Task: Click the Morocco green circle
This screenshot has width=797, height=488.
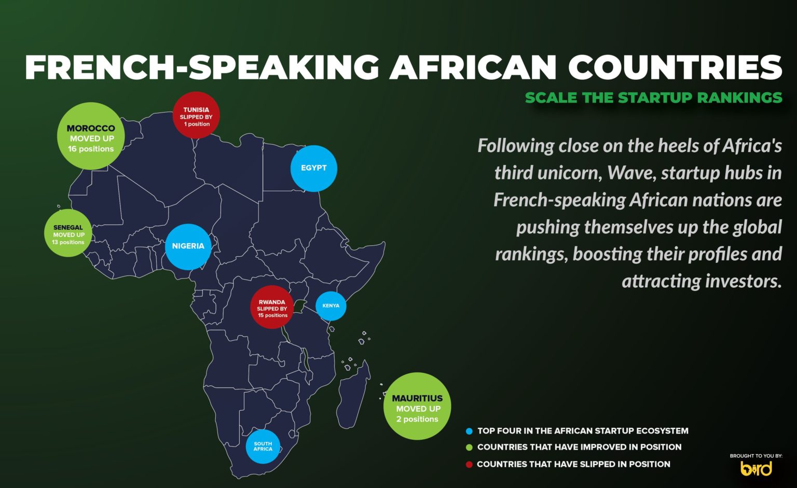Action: point(91,136)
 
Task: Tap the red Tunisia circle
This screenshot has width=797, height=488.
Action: point(196,115)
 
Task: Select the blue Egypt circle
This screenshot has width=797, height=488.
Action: point(313,168)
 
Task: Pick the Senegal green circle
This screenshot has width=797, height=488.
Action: point(68,233)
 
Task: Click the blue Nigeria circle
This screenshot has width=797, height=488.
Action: point(188,246)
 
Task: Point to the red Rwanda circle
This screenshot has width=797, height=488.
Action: point(272,307)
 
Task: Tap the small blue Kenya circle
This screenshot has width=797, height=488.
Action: point(331,306)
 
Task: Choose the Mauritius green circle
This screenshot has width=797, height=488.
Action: point(417,406)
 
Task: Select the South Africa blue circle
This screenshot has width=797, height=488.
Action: point(263,447)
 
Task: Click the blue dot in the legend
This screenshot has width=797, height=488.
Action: point(469,431)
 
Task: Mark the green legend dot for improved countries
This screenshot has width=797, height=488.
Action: point(469,448)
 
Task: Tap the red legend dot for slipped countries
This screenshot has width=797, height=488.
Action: point(469,465)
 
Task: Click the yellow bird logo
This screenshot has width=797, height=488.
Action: point(757,468)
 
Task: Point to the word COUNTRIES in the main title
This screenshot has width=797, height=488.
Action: point(675,67)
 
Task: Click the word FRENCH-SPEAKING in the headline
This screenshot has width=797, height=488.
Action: point(202,67)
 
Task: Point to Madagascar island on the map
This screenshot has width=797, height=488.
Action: point(353,395)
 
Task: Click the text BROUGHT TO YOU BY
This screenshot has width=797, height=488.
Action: point(756,456)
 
